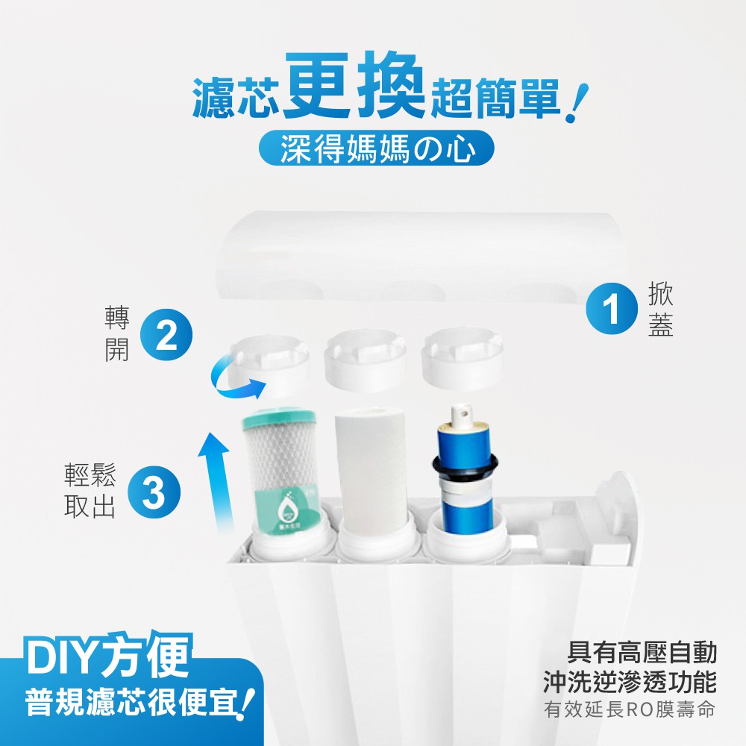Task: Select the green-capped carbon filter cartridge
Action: (x=280, y=477)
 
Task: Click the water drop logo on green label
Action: (x=286, y=510)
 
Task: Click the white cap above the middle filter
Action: (x=365, y=359)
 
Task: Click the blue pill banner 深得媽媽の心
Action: (x=376, y=149)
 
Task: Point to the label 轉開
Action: (x=116, y=336)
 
